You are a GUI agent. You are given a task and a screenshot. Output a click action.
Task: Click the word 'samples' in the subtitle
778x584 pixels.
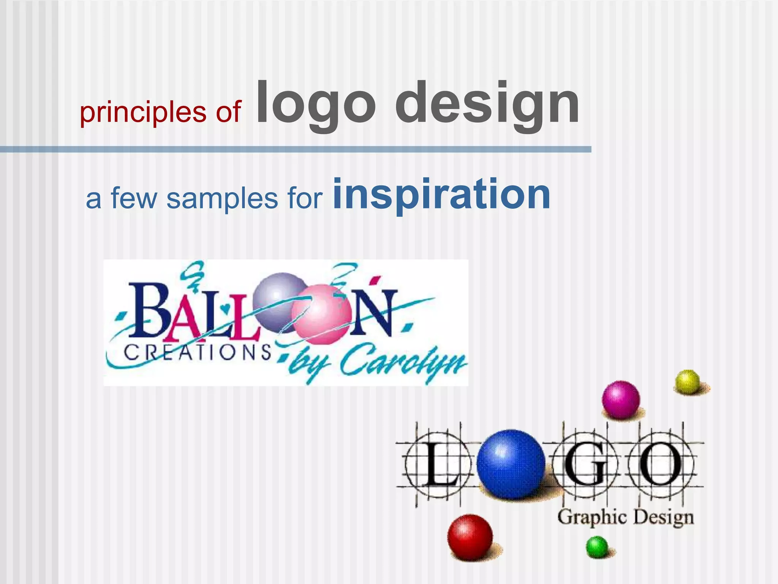coord(222,198)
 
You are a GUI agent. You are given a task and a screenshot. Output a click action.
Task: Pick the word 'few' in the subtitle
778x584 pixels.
coord(134,198)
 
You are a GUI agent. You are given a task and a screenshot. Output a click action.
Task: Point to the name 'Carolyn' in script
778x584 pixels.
coord(403,361)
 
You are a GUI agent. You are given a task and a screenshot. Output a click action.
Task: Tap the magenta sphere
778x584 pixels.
coord(620,399)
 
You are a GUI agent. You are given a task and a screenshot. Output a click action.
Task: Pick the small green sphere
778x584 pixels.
coord(597,546)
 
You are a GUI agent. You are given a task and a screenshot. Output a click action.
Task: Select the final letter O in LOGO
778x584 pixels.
coord(661,465)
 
